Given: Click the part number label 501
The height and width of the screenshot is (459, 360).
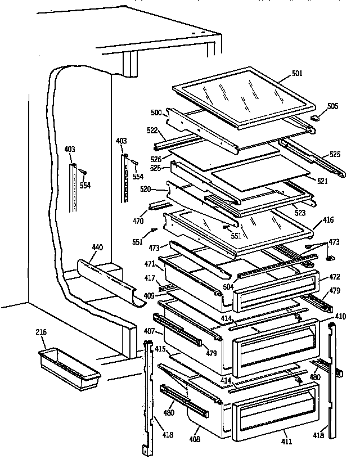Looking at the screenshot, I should tap(297, 73).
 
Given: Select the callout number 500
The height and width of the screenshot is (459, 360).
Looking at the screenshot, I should tap(156, 113).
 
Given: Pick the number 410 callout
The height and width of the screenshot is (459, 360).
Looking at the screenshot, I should tap(340, 316).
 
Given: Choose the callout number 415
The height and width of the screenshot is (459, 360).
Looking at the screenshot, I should tap(160, 349).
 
